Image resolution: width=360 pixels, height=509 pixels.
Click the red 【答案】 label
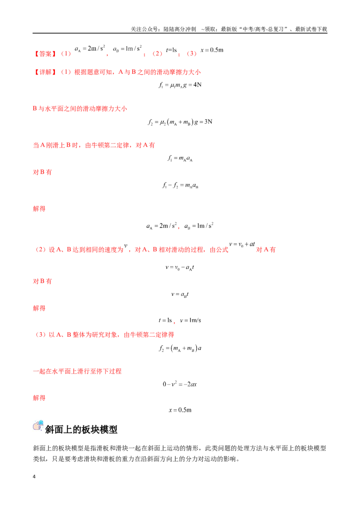[45, 54]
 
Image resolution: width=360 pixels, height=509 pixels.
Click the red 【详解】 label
[45, 72]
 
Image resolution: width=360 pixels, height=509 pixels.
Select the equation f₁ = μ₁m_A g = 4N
[180, 85]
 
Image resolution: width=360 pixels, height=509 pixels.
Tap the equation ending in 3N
[180, 122]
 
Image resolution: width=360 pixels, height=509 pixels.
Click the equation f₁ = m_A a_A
[180, 158]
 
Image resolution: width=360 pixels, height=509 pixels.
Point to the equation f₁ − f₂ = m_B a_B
[180, 185]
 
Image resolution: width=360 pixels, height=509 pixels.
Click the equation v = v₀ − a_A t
[180, 268]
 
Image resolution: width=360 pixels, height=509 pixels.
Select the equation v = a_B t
[180, 295]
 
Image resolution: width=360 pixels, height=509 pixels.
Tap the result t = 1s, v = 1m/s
[180, 321]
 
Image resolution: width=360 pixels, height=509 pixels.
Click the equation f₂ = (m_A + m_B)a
[180, 348]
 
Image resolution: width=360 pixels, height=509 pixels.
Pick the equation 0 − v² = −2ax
[180, 384]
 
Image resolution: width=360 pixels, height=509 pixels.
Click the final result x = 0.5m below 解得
[180, 410]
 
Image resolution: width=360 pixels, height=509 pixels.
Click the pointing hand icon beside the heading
[38, 425]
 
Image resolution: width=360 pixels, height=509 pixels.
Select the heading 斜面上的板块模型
[81, 429]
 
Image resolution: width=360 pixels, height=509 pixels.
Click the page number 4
[34, 477]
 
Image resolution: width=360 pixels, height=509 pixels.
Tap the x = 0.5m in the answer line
[212, 50]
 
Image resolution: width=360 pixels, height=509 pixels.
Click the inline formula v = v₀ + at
[242, 245]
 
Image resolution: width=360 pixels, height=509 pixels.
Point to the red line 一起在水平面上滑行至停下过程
[77, 371]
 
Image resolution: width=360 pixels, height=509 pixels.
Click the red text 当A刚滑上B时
[55, 145]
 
